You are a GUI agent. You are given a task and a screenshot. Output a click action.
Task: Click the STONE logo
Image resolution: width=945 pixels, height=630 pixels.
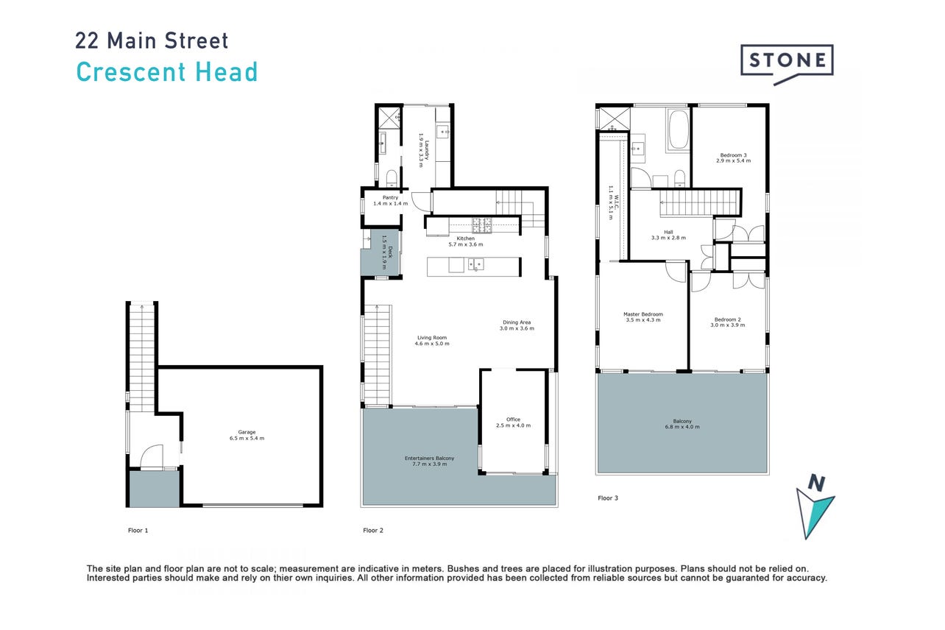tap(787, 64)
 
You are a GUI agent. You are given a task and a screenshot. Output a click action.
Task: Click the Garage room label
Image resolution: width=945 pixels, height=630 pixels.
tap(247, 435)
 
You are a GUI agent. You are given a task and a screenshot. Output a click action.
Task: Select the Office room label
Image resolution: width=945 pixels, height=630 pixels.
tap(513, 422)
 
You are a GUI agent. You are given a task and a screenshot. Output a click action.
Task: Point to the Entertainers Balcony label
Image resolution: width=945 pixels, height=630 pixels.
tap(430, 461)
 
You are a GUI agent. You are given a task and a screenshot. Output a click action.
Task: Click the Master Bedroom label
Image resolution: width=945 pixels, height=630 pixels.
tap(643, 317)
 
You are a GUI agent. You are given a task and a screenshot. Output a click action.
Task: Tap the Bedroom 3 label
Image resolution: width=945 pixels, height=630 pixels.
tap(733, 157)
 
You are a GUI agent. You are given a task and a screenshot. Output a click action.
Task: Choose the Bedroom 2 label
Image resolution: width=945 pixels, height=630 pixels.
tap(727, 322)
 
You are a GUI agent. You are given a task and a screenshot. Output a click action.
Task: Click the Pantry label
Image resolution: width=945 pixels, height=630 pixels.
tap(390, 200)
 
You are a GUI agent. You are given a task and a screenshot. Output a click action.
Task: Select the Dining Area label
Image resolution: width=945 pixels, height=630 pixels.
tap(517, 325)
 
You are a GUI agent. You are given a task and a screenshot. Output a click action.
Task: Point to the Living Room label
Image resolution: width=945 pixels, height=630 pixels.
tap(432, 341)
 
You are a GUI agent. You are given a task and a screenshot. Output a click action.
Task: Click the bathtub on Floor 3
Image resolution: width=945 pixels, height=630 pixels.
tap(678, 130)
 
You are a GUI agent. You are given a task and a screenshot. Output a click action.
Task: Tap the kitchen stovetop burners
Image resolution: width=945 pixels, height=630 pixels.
tap(482, 225)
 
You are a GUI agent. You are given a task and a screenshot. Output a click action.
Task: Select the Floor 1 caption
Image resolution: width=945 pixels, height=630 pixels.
tap(138, 531)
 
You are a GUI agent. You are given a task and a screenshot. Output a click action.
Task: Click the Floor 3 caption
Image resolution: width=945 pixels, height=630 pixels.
tap(608, 498)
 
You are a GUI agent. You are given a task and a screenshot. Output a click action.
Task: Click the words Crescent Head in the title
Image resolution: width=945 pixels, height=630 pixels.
tap(166, 71)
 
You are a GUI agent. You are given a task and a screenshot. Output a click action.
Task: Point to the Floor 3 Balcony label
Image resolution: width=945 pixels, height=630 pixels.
tap(682, 424)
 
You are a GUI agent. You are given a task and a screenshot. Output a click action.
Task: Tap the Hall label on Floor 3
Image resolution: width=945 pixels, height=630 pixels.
tap(668, 235)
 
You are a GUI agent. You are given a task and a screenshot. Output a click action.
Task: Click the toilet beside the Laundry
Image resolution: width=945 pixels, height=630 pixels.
tap(392, 178)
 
